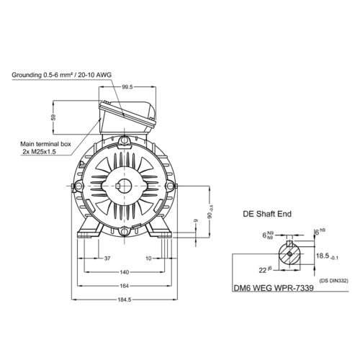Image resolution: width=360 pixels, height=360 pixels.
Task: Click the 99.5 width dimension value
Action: click(127, 87)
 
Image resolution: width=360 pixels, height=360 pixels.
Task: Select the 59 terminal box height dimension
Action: click(53, 117)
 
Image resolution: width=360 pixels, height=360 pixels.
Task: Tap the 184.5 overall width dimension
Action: click(125, 300)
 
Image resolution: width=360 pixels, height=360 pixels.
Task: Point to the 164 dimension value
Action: click(125, 286)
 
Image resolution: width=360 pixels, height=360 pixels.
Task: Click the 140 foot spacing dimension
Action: click(124, 272)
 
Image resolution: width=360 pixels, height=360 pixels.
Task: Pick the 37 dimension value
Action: click(107, 258)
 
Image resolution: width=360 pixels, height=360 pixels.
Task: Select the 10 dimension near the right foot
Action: click(148, 258)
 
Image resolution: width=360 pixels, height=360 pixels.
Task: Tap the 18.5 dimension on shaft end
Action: click(327, 256)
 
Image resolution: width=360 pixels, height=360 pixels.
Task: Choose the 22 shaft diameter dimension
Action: click(265, 270)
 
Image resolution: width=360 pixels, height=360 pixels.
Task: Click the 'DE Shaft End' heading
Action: click(267, 214)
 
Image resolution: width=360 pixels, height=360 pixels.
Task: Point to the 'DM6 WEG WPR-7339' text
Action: click(274, 288)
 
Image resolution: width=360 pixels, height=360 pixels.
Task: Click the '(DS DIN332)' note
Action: click(333, 281)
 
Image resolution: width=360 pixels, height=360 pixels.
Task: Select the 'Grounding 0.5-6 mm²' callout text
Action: click(42, 75)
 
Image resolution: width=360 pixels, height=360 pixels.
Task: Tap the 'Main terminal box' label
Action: click(45, 144)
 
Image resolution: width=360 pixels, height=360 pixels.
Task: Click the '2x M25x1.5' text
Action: click(39, 152)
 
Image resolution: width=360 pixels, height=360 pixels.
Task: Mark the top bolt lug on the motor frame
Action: click(125, 140)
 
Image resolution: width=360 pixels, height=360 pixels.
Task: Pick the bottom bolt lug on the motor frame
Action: click(125, 232)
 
